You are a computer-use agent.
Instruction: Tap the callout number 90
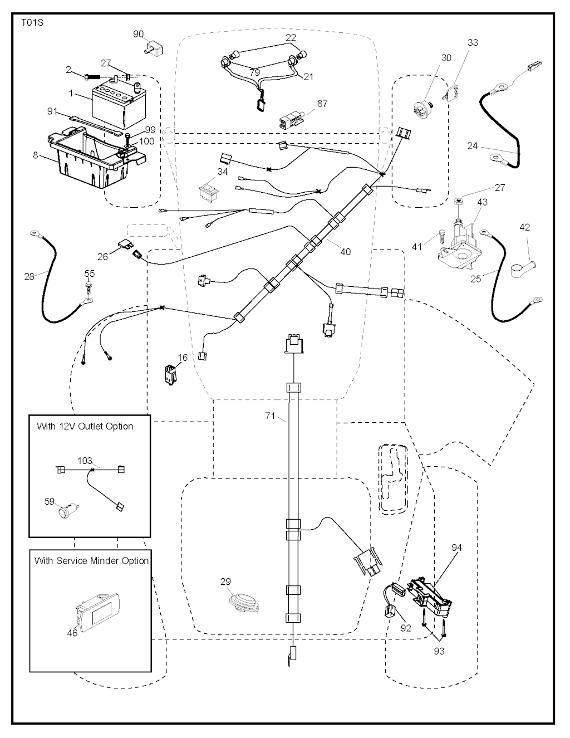139,35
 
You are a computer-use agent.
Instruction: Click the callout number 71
271,416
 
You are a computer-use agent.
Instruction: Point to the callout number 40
345,252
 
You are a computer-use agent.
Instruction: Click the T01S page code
32,23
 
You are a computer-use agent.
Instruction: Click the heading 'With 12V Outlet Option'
85,427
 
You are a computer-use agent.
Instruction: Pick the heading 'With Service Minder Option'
91,561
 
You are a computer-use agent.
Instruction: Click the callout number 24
472,146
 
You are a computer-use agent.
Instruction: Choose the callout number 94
456,548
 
